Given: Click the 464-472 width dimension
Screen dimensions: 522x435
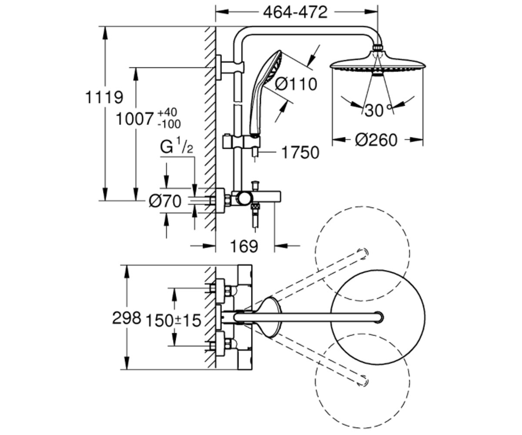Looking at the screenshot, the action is point(295,12).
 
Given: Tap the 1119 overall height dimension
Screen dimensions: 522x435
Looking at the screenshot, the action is point(104,97).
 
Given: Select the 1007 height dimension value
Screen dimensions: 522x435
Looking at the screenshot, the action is point(134,119).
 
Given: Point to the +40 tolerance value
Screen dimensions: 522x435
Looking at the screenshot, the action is point(167,113).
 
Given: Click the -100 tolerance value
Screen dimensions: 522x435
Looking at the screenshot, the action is point(169,124).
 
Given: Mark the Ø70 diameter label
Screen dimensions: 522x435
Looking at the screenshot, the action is point(165,201).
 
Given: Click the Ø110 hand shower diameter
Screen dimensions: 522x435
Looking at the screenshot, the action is point(296,84).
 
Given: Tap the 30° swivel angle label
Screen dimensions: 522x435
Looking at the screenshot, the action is point(378,110).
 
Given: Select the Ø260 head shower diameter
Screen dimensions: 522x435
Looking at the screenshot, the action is point(376,140).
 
